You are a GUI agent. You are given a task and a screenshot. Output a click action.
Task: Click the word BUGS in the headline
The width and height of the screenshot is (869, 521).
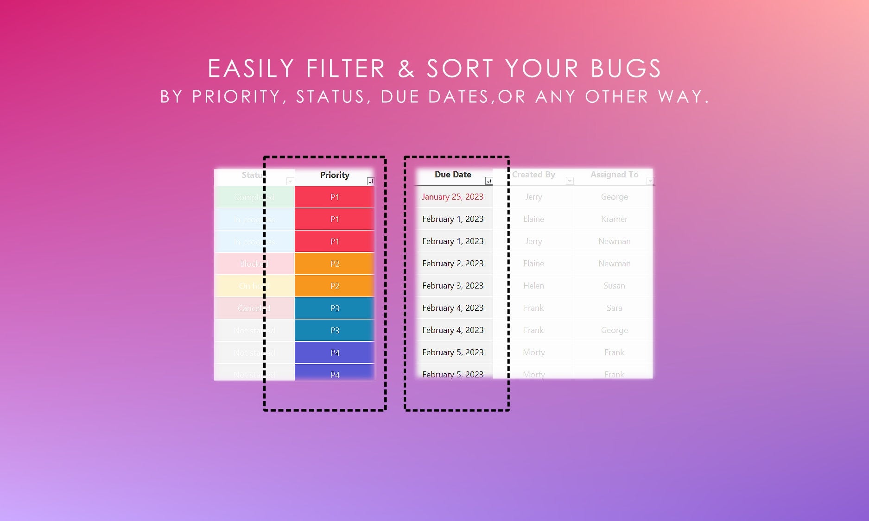(626, 69)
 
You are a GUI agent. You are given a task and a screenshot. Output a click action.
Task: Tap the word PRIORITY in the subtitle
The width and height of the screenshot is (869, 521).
(236, 97)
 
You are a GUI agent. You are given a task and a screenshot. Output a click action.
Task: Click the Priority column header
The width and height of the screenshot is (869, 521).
(335, 175)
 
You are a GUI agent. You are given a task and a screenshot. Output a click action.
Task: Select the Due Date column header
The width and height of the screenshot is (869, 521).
(453, 175)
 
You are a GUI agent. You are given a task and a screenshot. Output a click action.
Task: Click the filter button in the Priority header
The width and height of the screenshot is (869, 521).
(370, 182)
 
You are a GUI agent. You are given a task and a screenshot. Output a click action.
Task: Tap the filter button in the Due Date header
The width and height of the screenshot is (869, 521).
(488, 181)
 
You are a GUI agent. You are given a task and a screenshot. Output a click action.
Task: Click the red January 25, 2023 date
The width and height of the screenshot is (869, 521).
(452, 197)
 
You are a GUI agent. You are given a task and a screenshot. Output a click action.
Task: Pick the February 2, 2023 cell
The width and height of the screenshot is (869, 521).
(452, 264)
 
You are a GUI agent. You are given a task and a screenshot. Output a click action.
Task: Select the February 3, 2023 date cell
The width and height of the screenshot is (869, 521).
(452, 286)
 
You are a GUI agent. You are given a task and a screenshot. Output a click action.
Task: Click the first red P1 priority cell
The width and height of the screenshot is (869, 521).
(335, 197)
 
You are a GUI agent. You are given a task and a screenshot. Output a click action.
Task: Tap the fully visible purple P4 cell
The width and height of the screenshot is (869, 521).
(335, 353)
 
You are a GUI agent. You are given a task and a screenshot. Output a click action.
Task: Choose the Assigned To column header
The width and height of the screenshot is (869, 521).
(614, 175)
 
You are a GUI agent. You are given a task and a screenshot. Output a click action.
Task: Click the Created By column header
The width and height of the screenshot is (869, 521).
(533, 175)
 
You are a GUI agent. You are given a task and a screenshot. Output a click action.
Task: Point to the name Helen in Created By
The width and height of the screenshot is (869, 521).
(533, 286)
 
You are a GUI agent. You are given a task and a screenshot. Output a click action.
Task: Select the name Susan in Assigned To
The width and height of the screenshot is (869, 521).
(614, 286)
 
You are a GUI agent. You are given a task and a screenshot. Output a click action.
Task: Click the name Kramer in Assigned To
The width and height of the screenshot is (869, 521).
(614, 219)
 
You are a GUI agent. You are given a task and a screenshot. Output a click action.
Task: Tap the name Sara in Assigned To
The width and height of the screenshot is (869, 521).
(614, 308)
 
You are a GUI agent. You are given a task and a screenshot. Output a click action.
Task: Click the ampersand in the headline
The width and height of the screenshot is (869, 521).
(406, 69)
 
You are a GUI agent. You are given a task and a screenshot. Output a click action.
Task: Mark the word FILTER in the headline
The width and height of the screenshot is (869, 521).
(346, 69)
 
